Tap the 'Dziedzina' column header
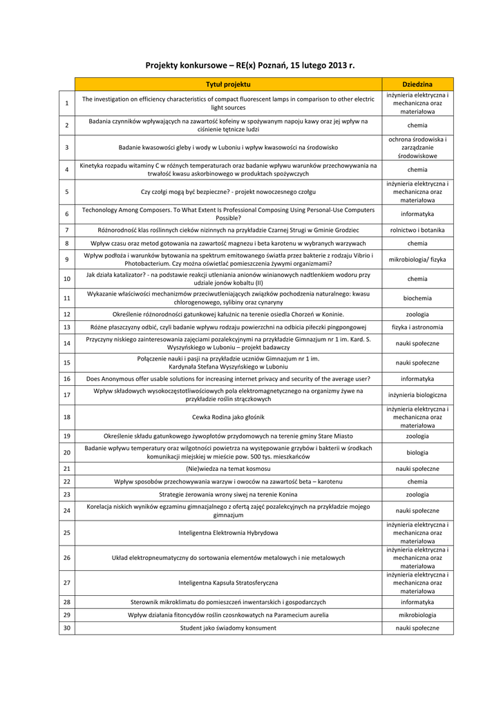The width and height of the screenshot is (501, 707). point(417,84)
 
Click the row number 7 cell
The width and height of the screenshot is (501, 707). point(66,230)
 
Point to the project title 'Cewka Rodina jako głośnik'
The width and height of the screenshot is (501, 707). point(228,417)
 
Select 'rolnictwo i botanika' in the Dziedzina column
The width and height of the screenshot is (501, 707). point(417,230)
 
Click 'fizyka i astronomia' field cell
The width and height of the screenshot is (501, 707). point(417,327)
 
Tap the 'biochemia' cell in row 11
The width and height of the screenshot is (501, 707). point(417,298)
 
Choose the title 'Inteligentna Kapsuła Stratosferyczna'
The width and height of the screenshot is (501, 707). point(228,583)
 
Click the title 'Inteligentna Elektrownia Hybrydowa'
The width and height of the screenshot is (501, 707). point(228,533)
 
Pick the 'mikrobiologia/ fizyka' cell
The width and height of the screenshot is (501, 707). point(417,260)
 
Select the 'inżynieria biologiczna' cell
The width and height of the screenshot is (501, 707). point(417,395)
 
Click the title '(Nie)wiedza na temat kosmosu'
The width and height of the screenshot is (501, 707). point(228,468)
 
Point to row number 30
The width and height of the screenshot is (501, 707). point(66,628)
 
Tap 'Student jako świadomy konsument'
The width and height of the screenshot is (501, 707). point(228,628)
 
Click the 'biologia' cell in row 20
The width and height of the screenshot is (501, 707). point(417,453)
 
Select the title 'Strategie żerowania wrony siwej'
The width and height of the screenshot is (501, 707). point(228,494)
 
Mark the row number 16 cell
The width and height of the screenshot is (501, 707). point(66,379)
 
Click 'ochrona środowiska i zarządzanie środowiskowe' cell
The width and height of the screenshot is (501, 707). point(417,147)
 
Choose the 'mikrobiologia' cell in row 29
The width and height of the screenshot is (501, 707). point(417,615)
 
